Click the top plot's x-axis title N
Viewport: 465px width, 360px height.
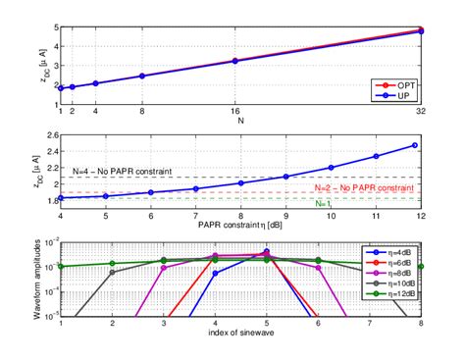click(240, 123)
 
